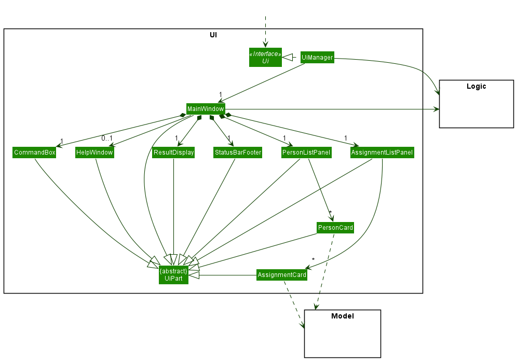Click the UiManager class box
click(317, 58)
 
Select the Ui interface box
click(265, 58)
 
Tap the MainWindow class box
click(206, 109)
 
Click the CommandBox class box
click(34, 153)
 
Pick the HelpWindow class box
click(94, 153)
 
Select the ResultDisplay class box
click(173, 153)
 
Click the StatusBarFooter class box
click(238, 153)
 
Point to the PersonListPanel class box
click(306, 153)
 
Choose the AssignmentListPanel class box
click(382, 153)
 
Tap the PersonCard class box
click(335, 228)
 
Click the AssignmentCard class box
click(282, 275)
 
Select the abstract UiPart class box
click(173, 275)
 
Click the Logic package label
click(476, 87)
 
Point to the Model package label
click(342, 316)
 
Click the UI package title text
click(213, 35)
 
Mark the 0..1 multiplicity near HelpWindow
click(107, 138)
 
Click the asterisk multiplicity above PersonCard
click(330, 213)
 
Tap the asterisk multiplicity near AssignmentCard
click(313, 259)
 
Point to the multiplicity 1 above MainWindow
click(221, 95)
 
